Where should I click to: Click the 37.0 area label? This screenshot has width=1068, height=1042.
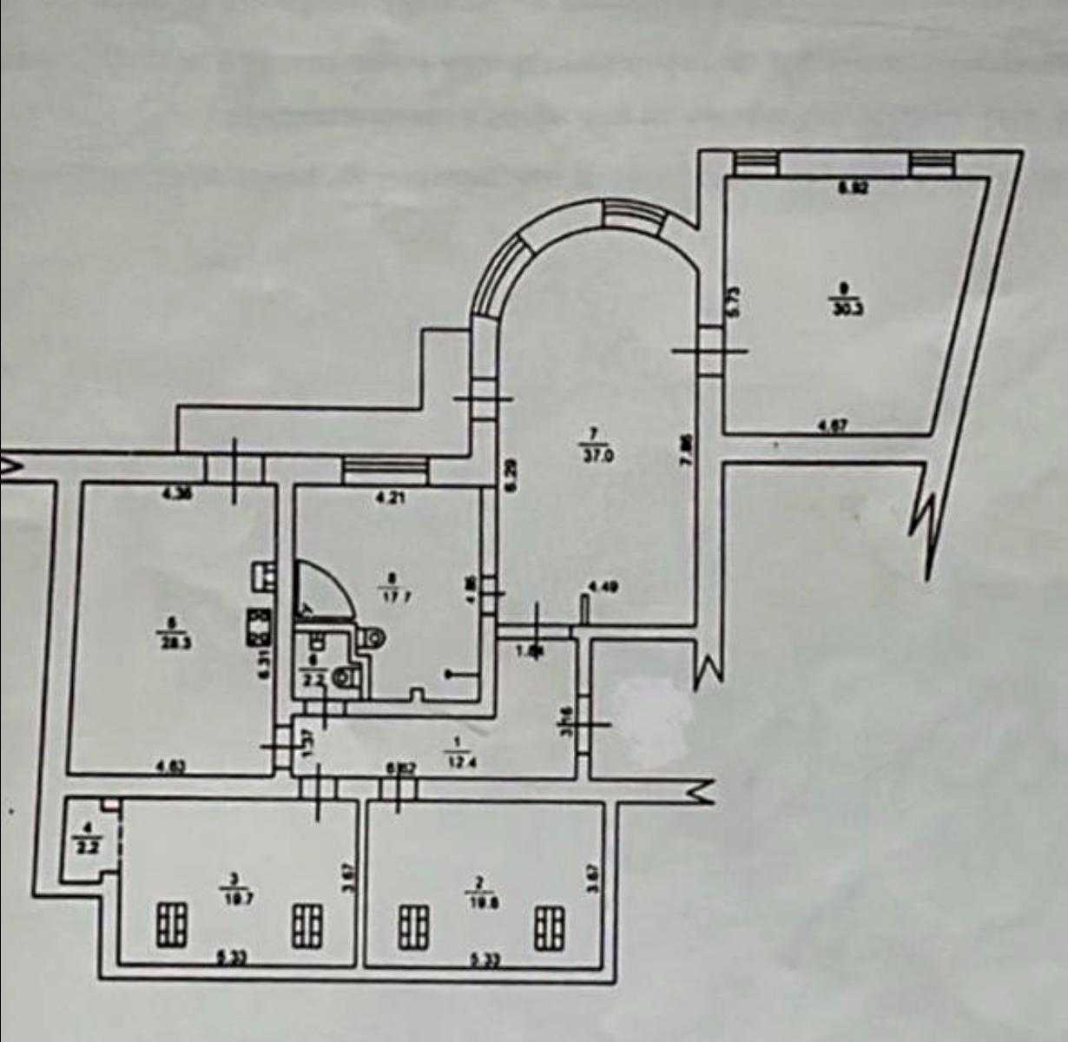point(600,455)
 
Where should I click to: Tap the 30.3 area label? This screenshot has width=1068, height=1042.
point(842,307)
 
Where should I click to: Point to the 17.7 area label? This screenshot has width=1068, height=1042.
point(398,596)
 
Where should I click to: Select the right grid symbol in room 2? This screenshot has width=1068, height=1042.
point(549,927)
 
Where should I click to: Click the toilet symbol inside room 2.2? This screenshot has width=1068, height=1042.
point(350,676)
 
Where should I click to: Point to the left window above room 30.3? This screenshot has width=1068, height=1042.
point(753,162)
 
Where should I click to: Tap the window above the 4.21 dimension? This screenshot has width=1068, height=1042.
point(386,470)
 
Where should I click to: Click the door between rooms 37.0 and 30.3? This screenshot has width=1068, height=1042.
point(710,350)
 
